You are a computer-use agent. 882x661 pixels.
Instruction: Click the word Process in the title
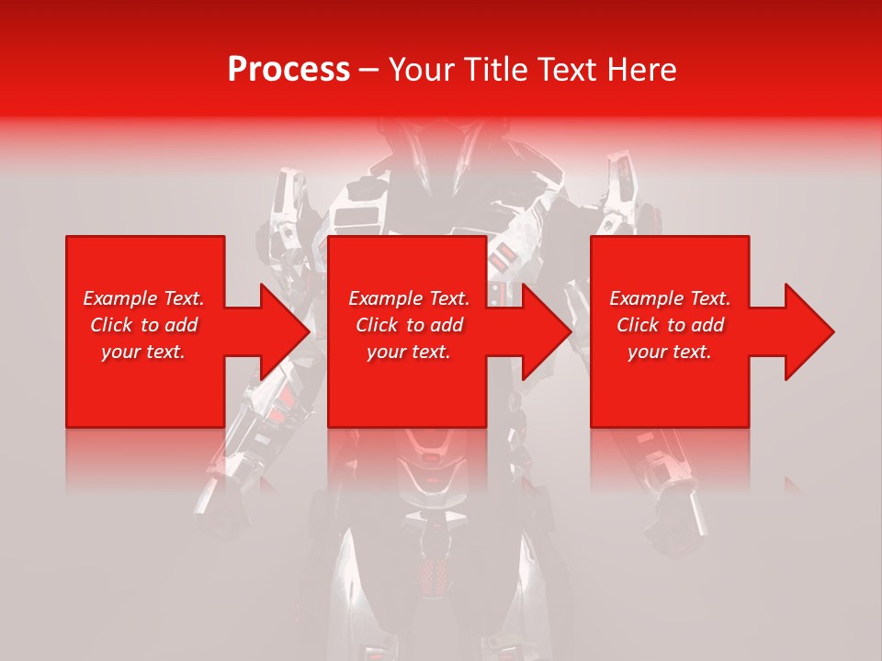click(x=288, y=70)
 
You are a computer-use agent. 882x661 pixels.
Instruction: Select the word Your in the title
click(x=420, y=70)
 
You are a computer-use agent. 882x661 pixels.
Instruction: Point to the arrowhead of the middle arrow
click(x=548, y=331)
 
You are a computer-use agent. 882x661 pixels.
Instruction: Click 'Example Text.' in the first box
click(x=143, y=298)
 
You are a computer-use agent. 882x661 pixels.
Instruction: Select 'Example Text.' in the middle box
click(x=408, y=298)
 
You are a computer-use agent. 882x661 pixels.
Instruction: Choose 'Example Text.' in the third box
click(x=670, y=298)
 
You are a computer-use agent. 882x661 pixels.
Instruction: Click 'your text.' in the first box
click(x=143, y=352)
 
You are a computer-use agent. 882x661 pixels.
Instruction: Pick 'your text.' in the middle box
click(x=408, y=352)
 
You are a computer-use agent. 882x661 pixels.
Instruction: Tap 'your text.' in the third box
click(x=670, y=352)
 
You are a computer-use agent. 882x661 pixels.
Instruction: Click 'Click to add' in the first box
click(x=143, y=325)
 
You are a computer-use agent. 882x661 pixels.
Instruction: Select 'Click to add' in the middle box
click(x=408, y=325)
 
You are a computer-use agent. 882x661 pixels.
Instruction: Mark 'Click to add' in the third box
click(x=670, y=325)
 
